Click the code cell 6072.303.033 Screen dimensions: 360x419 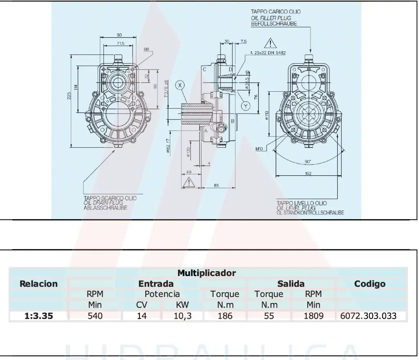(368, 316)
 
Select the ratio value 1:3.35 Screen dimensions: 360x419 (39, 316)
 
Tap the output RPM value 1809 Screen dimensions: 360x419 (313, 316)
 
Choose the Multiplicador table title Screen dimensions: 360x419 (207, 273)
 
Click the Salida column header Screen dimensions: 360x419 (291, 284)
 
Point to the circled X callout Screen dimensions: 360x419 (180, 85)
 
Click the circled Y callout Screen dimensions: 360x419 (245, 106)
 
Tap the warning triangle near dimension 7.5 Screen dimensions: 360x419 (270, 43)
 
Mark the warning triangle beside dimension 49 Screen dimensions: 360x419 (189, 182)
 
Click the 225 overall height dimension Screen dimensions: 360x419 (69, 95)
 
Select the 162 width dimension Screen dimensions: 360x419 (308, 174)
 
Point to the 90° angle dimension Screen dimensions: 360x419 (308, 161)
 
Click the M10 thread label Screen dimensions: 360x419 (259, 149)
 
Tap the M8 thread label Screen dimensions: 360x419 (146, 49)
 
